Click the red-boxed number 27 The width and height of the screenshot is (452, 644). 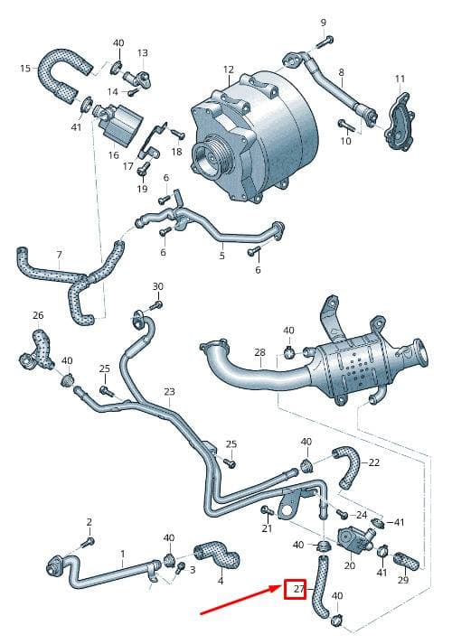(x=299, y=589)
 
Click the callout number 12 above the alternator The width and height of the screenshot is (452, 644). (x=229, y=70)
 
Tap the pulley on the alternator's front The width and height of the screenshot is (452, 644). (x=207, y=159)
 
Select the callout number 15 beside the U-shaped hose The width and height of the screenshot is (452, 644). (x=25, y=68)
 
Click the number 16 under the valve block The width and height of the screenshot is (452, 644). (x=113, y=154)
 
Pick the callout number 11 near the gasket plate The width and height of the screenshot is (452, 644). (x=400, y=78)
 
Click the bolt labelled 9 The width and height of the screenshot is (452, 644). (x=325, y=41)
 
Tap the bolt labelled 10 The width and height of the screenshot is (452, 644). (x=345, y=125)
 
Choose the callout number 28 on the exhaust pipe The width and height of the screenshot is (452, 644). (x=259, y=352)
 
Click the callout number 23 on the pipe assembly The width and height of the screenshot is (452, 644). (x=169, y=391)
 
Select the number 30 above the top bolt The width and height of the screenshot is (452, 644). (x=158, y=286)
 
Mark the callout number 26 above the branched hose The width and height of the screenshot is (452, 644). (x=38, y=315)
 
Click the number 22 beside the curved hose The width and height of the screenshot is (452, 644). (x=374, y=462)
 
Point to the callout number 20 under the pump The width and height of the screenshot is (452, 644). (x=349, y=565)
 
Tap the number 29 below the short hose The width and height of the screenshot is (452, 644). (x=403, y=580)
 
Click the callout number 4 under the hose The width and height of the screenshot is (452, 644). (x=221, y=581)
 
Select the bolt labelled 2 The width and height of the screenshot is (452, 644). (x=89, y=542)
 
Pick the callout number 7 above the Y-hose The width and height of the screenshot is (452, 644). (x=59, y=255)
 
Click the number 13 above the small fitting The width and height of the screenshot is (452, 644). (x=142, y=52)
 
